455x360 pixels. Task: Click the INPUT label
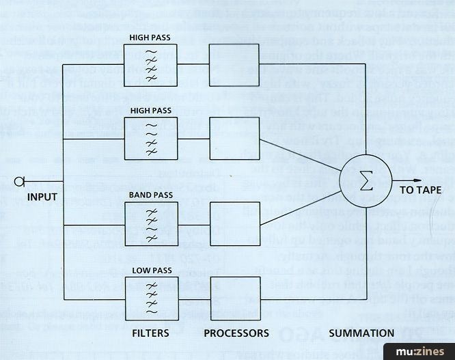(x=42, y=197)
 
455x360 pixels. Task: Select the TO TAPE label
(x=420, y=190)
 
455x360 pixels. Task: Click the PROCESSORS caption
(x=236, y=333)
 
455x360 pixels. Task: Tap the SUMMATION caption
(x=361, y=333)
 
